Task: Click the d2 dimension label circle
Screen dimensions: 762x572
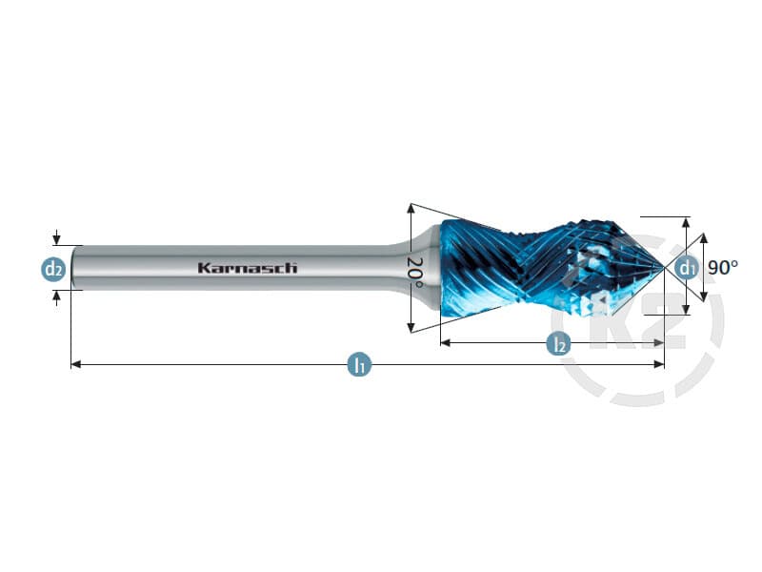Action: [x=53, y=269]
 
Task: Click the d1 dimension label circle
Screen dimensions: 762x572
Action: [x=686, y=267]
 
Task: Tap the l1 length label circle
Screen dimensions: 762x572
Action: [x=360, y=364]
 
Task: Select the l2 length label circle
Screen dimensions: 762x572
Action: [x=559, y=343]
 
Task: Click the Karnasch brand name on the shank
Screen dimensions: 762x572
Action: [x=248, y=268]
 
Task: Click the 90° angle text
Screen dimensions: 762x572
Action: [x=723, y=268]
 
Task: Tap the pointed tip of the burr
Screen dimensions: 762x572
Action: [x=663, y=267]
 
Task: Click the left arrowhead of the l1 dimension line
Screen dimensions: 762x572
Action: [x=76, y=364]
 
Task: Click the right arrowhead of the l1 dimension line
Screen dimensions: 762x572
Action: [x=659, y=364]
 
